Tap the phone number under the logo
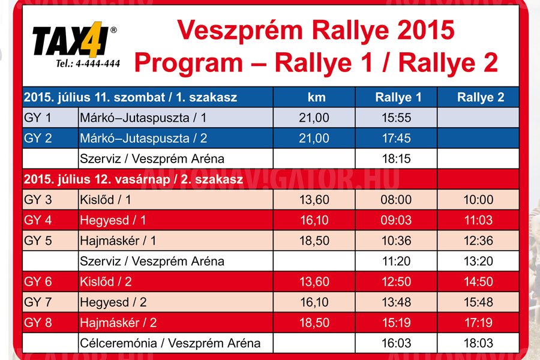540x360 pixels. (x=88, y=64)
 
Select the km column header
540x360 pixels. (x=316, y=97)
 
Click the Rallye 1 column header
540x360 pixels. (x=398, y=97)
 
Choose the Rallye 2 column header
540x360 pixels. (x=481, y=97)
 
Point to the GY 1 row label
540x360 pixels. (x=38, y=118)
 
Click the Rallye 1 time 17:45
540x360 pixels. (x=397, y=138)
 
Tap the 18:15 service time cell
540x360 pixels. (x=397, y=158)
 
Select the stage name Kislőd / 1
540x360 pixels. (x=106, y=200)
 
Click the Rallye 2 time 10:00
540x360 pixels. (x=478, y=199)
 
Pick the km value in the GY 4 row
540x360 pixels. (x=314, y=220)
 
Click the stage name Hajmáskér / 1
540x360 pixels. (x=118, y=241)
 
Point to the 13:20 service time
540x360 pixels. (x=478, y=261)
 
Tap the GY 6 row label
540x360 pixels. (x=38, y=281)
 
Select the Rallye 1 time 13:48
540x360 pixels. (x=397, y=302)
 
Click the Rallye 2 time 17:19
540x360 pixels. (x=478, y=322)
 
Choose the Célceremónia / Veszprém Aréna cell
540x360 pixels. (x=170, y=343)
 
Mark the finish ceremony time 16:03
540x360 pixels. (x=397, y=343)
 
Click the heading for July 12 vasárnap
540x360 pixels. (x=133, y=179)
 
